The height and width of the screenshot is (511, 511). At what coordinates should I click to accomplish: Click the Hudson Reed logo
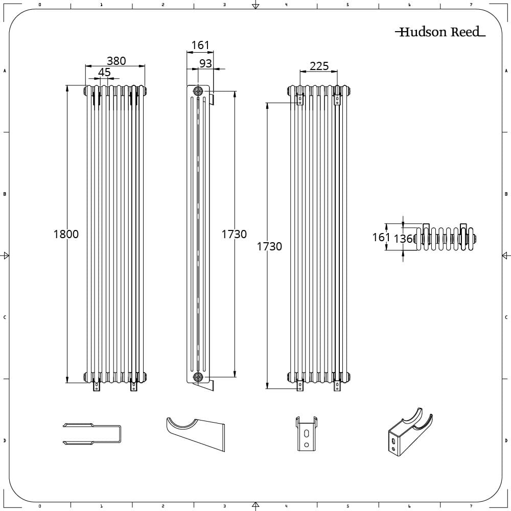[440, 32]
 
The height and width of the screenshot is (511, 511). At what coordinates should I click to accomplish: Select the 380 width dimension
[116, 60]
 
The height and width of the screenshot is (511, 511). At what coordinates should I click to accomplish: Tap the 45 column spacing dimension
[104, 73]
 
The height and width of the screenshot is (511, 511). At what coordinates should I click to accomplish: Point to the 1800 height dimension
[66, 234]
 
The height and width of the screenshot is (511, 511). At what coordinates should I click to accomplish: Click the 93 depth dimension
[205, 63]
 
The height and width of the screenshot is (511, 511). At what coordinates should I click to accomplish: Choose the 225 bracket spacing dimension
[319, 66]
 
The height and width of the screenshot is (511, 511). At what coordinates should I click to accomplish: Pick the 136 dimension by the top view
[404, 239]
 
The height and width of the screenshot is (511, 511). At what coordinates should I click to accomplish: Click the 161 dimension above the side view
[200, 45]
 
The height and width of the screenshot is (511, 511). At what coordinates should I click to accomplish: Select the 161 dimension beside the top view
[381, 237]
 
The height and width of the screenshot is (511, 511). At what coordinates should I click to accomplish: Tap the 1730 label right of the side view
[234, 234]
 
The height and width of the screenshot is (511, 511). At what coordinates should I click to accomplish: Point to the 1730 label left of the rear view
[269, 246]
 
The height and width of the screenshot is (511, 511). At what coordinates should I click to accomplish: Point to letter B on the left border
[5, 194]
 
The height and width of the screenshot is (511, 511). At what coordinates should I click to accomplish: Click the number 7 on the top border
[471, 5]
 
